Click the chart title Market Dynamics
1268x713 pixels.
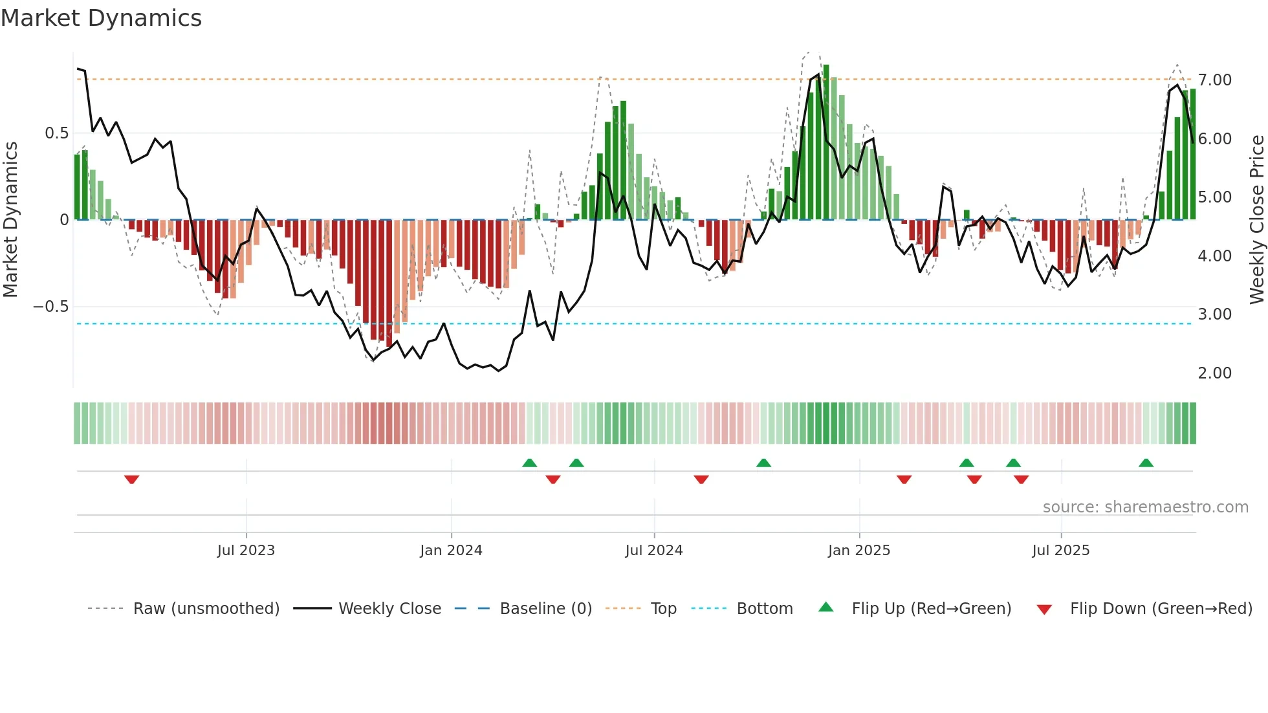[101, 18]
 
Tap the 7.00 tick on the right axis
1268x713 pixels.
[1214, 80]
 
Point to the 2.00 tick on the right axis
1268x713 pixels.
[1214, 373]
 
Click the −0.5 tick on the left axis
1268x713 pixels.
[51, 307]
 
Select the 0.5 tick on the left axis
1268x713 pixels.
[56, 133]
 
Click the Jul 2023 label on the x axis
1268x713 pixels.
[246, 551]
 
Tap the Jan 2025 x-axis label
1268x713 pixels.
[858, 551]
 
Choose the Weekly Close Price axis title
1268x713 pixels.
[1256, 219]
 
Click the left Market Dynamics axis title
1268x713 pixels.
[10, 219]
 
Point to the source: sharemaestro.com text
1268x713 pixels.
[1145, 507]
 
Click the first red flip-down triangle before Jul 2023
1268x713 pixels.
[131, 479]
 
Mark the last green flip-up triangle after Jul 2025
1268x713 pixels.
[1146, 463]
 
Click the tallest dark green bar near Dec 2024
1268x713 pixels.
[826, 142]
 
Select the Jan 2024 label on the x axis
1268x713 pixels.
[451, 551]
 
